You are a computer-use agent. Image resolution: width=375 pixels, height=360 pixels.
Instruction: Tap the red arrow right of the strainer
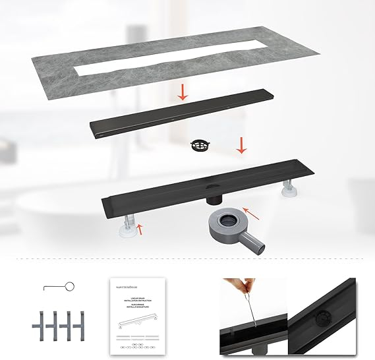[x=242, y=146]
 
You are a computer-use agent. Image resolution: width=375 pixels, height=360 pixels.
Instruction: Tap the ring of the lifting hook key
[x=71, y=285]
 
